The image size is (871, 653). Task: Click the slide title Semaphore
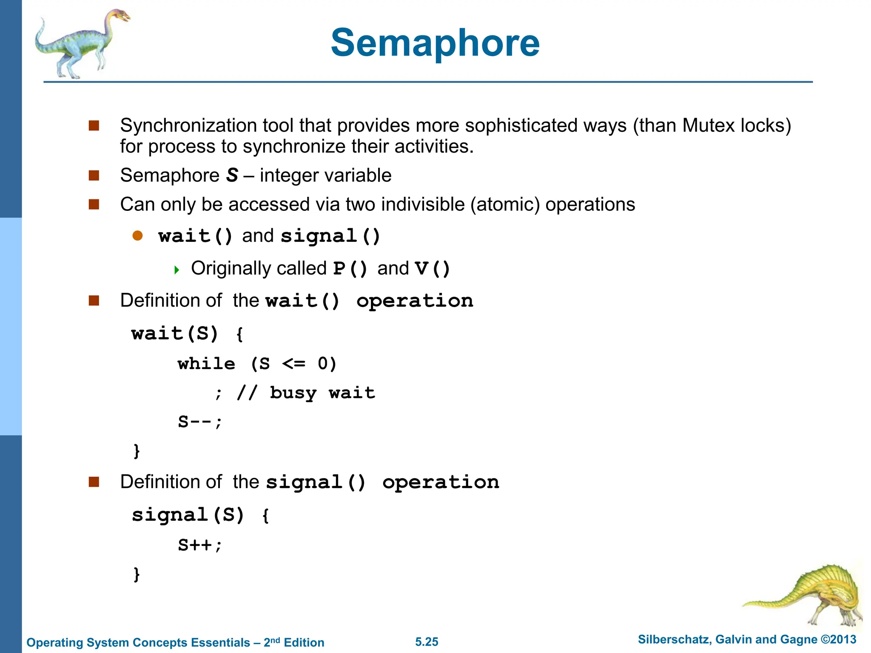(435, 43)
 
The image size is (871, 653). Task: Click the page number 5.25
(427, 642)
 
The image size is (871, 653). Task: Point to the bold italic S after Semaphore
(232, 175)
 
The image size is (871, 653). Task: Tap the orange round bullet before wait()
(137, 236)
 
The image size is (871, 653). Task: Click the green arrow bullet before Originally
(177, 270)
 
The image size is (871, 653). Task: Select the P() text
(350, 269)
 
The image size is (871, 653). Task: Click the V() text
(432, 269)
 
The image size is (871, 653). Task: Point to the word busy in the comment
(293, 393)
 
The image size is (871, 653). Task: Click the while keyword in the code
(206, 364)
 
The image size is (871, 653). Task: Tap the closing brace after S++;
(137, 574)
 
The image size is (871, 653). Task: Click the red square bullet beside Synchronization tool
(94, 125)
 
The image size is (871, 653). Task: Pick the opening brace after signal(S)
(265, 516)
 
